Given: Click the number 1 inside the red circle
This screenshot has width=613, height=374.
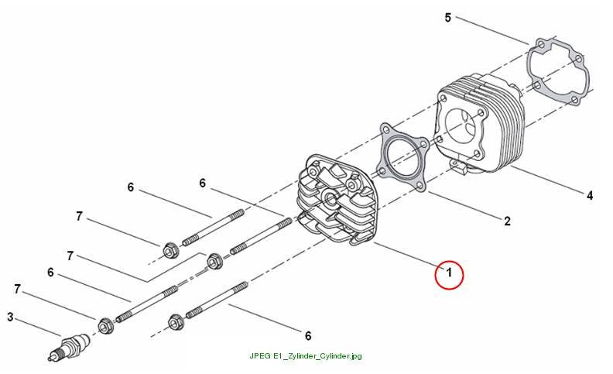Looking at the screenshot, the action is coord(449,273).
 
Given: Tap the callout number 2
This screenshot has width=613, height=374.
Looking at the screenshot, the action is coord(507,221).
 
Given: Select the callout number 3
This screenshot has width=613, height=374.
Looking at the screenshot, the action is coord(11,317).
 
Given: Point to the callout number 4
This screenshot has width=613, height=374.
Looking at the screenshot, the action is coord(590,195).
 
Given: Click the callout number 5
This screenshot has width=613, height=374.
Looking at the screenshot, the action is coord(448,18).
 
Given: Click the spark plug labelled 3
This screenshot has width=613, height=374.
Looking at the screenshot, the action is coord(70,346).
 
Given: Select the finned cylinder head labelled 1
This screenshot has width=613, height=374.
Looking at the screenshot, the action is coord(337,201).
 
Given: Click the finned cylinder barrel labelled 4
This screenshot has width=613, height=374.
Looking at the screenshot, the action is coord(479,125).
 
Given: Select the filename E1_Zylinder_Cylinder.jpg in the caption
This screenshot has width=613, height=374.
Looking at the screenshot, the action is coord(317,356).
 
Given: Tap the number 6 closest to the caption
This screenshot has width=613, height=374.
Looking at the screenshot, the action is coord(308,335).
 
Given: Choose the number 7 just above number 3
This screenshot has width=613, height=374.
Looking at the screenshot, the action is coord(17,289).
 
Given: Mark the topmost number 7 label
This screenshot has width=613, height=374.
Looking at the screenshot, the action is coord(80,216).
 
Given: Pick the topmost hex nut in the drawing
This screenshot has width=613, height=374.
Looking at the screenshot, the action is coord(170,249).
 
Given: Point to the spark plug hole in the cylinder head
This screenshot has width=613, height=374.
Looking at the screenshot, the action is coord(330,199).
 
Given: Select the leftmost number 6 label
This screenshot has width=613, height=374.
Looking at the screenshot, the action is coord(50,273).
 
